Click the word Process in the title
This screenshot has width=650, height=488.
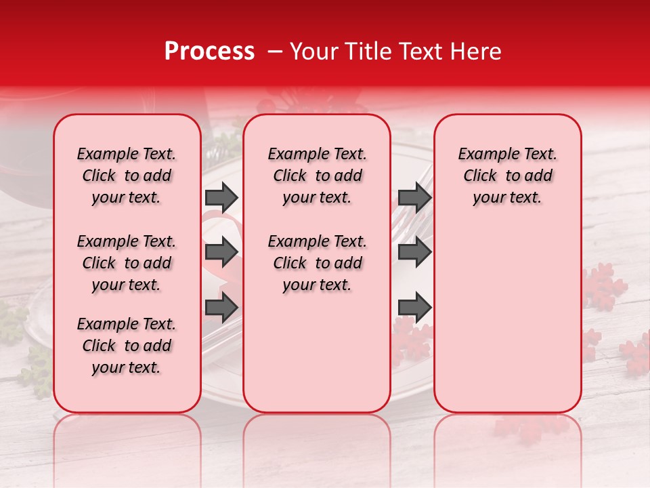(209, 52)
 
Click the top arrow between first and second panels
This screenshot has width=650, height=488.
(221, 197)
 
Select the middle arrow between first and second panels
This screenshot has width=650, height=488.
(221, 252)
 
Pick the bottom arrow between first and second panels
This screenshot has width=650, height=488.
(221, 308)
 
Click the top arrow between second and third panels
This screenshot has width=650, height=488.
(414, 197)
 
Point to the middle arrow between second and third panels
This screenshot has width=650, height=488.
(414, 252)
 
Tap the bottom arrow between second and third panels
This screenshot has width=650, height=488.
(414, 308)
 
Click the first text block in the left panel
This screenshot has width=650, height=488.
(127, 176)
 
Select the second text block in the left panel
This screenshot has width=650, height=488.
(127, 263)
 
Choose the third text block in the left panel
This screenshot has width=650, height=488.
(127, 346)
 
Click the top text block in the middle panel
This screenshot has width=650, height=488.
(317, 176)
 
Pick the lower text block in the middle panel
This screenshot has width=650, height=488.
(317, 263)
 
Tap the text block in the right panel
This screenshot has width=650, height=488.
(507, 176)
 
